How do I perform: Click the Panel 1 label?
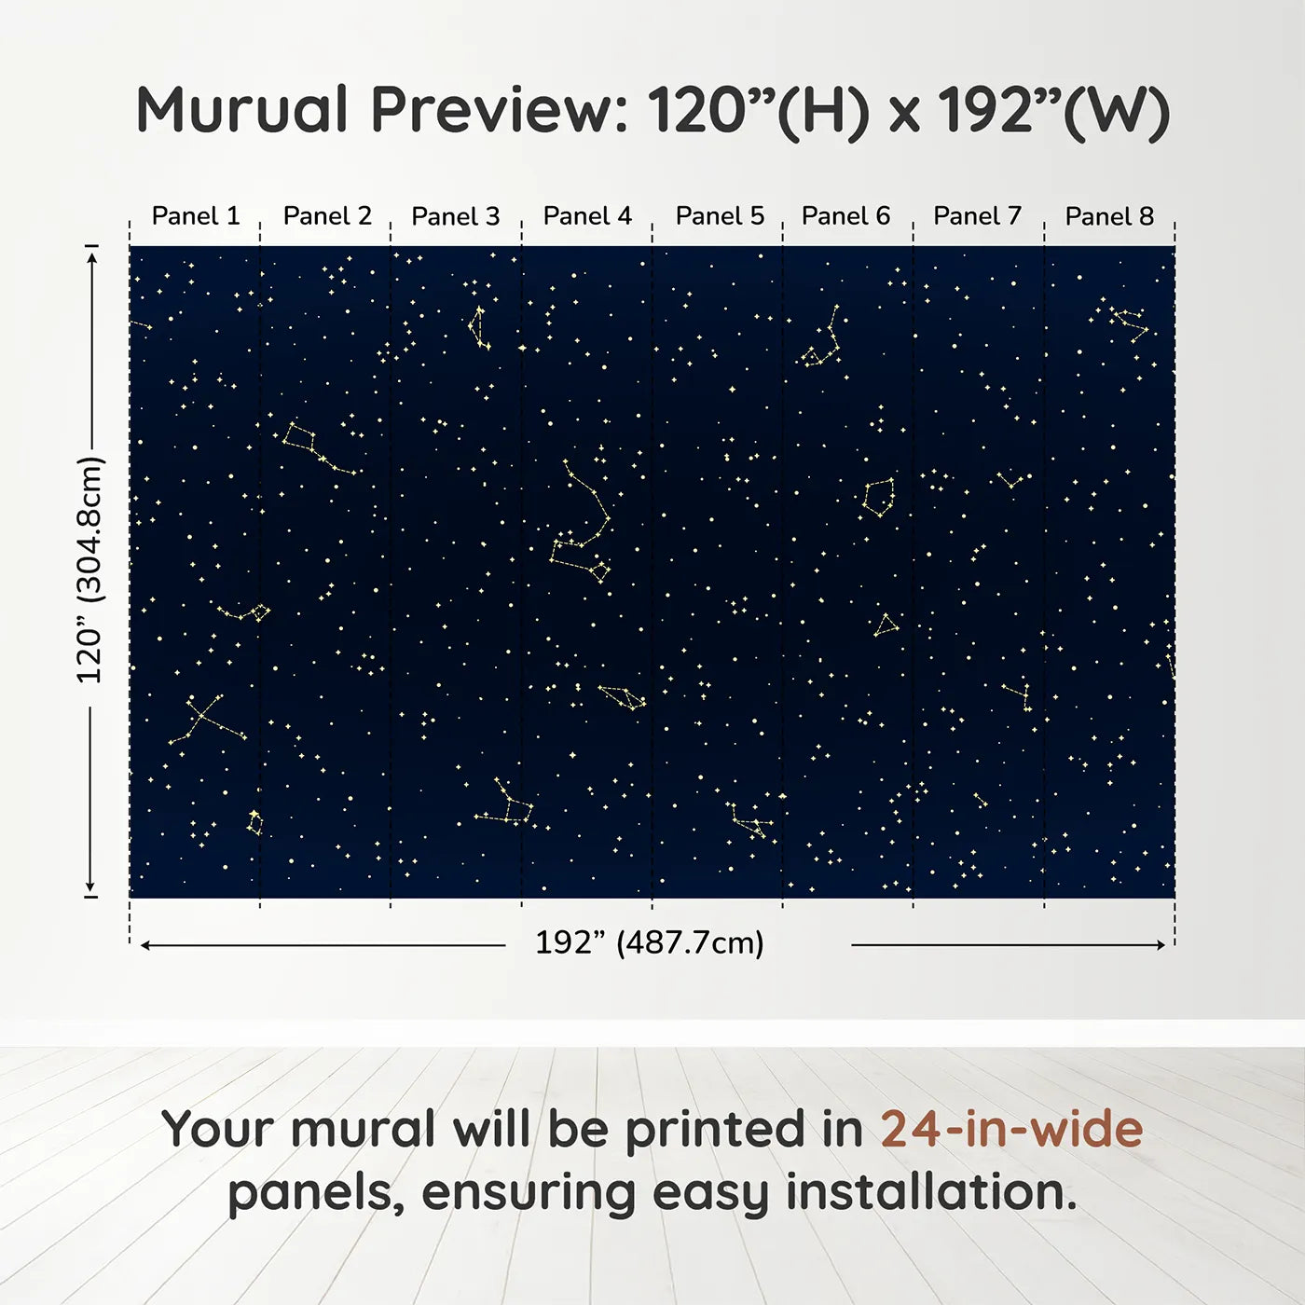[x=196, y=216]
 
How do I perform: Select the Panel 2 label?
[x=327, y=216]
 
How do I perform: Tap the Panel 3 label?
[x=455, y=216]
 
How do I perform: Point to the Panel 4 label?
[x=587, y=216]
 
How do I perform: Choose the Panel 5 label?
[x=720, y=216]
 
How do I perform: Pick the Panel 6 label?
[x=845, y=216]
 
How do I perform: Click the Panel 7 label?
[x=977, y=216]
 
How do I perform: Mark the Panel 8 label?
[x=1109, y=216]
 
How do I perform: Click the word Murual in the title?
[x=241, y=110]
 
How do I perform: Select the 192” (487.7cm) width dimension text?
[x=650, y=942]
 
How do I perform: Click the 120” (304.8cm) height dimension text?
[x=90, y=570]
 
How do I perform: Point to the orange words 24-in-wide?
[x=1011, y=1129]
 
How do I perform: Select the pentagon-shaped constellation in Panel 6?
[x=879, y=498]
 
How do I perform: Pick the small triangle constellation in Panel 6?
[x=886, y=625]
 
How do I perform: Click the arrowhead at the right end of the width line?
[x=1161, y=944]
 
